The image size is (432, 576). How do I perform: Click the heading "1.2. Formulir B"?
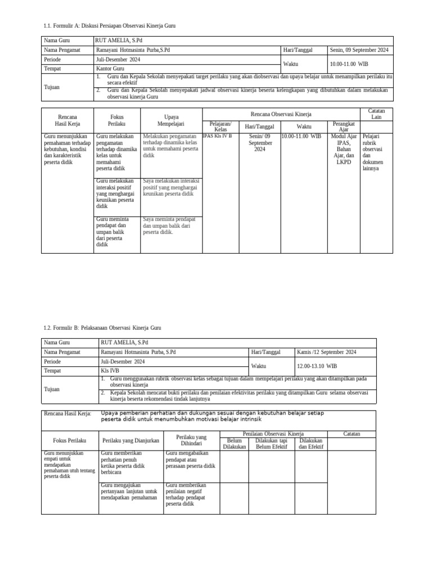[102, 327]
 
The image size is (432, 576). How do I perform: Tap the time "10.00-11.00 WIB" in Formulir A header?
[349, 64]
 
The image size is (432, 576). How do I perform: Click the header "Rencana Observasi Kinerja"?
[281, 114]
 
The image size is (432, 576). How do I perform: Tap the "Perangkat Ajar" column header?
[344, 126]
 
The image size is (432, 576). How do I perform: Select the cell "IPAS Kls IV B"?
[217, 136]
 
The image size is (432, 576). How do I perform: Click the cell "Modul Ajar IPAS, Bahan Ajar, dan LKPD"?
[344, 149]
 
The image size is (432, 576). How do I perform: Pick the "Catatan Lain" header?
[376, 114]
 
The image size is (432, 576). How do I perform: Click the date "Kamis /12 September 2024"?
[327, 352]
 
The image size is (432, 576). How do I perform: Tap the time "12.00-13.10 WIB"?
[317, 366]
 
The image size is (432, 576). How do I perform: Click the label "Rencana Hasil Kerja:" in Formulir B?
[67, 414]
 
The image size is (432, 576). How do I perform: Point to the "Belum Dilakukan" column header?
[234, 443]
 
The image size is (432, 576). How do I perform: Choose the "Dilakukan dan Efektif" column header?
[311, 443]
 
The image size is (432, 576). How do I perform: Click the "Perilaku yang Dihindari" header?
[191, 440]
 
